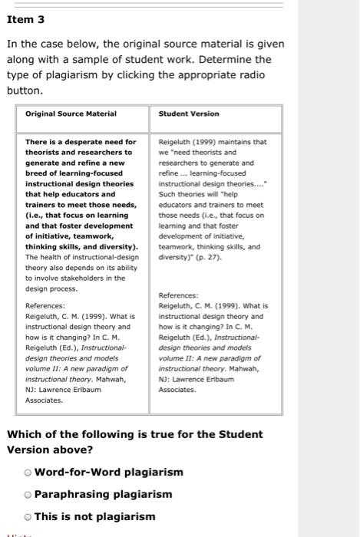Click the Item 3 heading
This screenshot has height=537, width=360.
click(26, 19)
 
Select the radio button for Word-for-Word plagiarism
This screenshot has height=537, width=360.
click(28, 472)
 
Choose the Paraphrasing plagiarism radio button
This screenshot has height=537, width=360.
click(28, 494)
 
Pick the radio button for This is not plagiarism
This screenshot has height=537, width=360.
click(28, 516)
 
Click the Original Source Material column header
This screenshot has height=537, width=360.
click(71, 114)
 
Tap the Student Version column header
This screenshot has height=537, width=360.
click(188, 114)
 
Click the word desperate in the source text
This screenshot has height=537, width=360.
click(79, 142)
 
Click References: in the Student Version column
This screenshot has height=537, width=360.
click(178, 295)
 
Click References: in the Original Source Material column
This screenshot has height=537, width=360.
click(45, 305)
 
